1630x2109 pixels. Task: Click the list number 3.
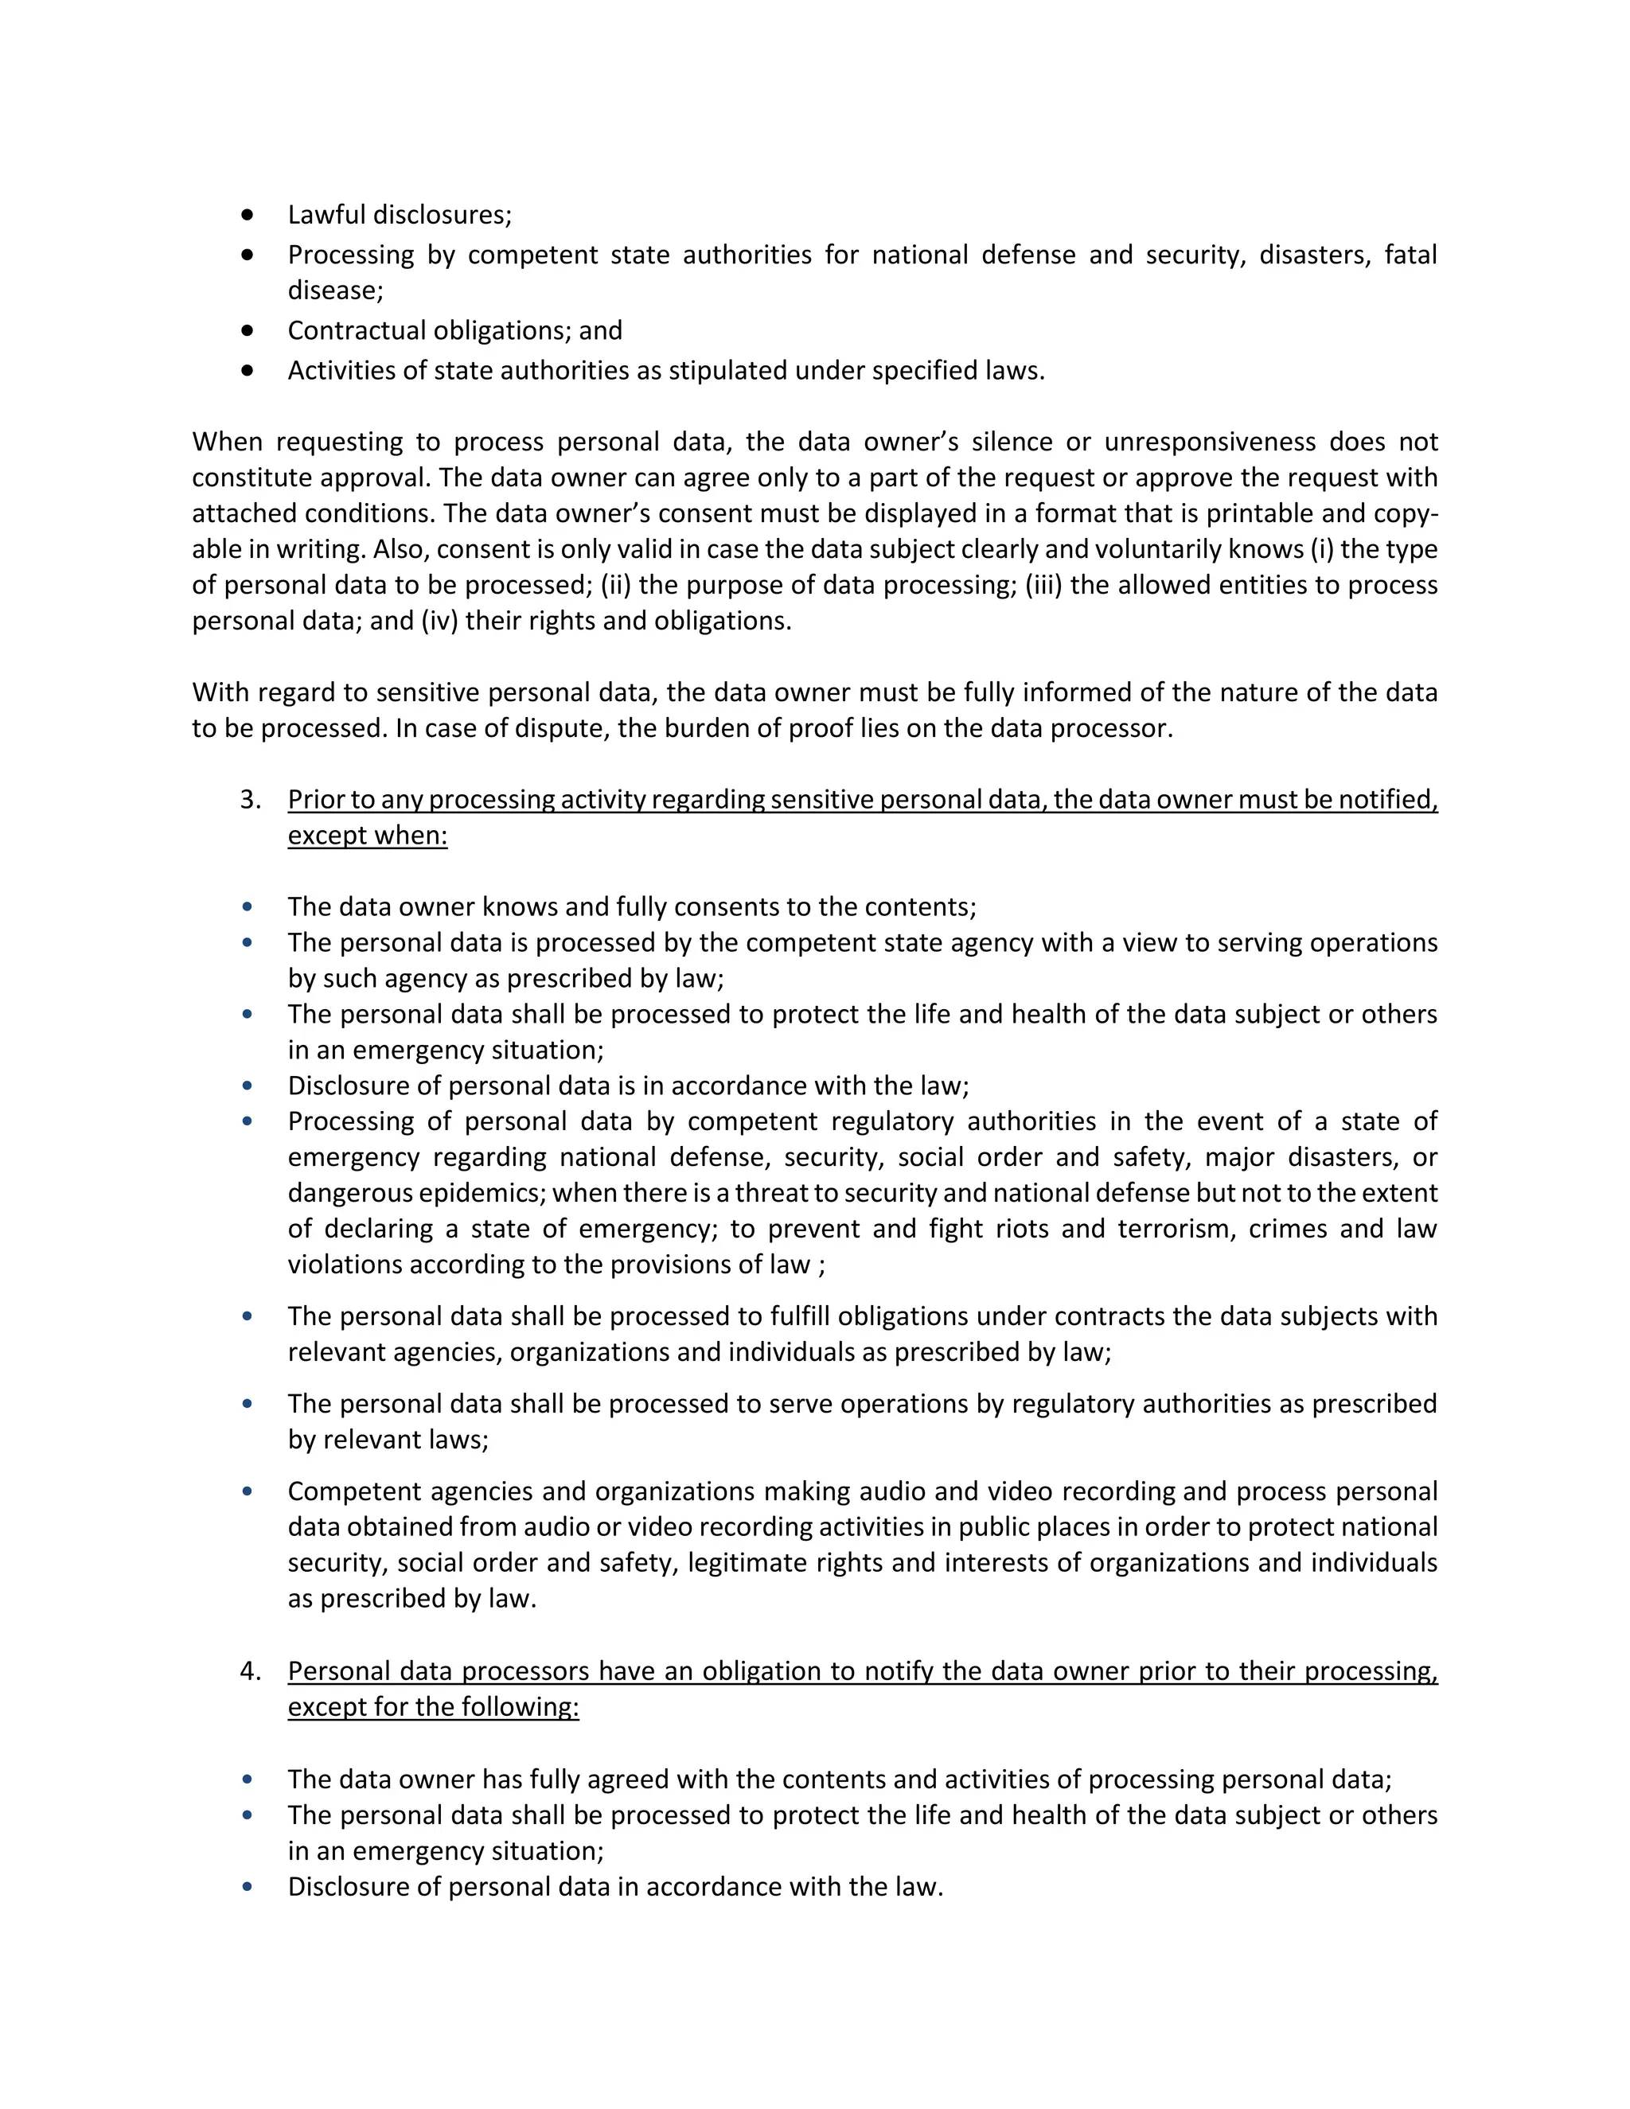249,800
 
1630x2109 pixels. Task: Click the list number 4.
249,1671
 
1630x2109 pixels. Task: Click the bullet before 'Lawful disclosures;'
248,214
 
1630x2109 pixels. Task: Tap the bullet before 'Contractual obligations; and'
248,330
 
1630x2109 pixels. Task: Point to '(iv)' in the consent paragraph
439,620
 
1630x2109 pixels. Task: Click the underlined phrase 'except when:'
368,836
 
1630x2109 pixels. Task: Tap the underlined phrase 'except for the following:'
433,1707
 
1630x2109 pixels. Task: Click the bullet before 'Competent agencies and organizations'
248,1491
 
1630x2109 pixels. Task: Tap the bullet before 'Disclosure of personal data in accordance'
248,1886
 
